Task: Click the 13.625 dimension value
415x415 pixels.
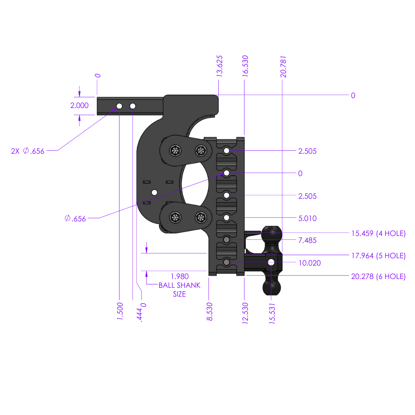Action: (x=220, y=66)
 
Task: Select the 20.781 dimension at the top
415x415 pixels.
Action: (x=284, y=66)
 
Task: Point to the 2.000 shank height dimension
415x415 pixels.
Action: (x=80, y=105)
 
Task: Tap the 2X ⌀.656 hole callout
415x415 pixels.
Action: (x=28, y=151)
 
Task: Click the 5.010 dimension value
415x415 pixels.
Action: (x=307, y=218)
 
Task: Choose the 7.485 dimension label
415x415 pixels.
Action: (x=307, y=240)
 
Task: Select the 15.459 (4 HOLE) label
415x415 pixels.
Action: (x=378, y=233)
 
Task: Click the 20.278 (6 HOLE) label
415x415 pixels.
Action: (x=378, y=276)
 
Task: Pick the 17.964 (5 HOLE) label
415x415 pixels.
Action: (x=378, y=256)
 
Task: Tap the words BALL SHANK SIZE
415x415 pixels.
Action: (x=179, y=290)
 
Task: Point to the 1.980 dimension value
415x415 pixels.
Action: (x=179, y=276)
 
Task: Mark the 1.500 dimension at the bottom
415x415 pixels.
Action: (x=120, y=312)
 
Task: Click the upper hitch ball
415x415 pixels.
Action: (x=271, y=233)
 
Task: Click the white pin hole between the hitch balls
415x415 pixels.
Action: (x=271, y=262)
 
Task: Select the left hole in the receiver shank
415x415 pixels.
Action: (x=119, y=106)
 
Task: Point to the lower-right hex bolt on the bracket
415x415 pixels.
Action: (x=200, y=218)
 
